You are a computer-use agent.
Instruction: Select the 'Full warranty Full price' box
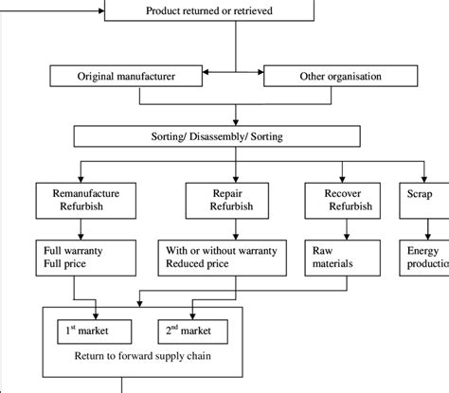(80, 256)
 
